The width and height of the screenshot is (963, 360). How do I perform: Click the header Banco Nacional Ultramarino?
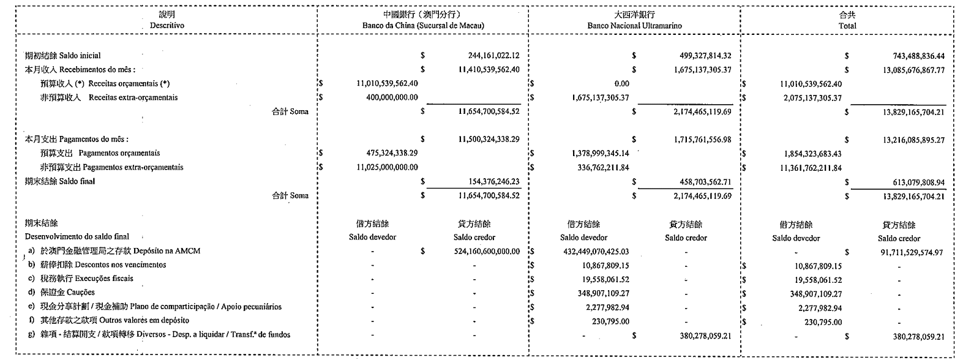coord(634,26)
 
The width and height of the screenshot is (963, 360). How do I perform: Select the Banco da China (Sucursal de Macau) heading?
coord(423,26)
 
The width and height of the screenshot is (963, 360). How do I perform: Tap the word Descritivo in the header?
coord(167,26)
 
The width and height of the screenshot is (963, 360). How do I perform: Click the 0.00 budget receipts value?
coord(621,84)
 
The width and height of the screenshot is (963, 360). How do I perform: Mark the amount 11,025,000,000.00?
coord(384,167)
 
